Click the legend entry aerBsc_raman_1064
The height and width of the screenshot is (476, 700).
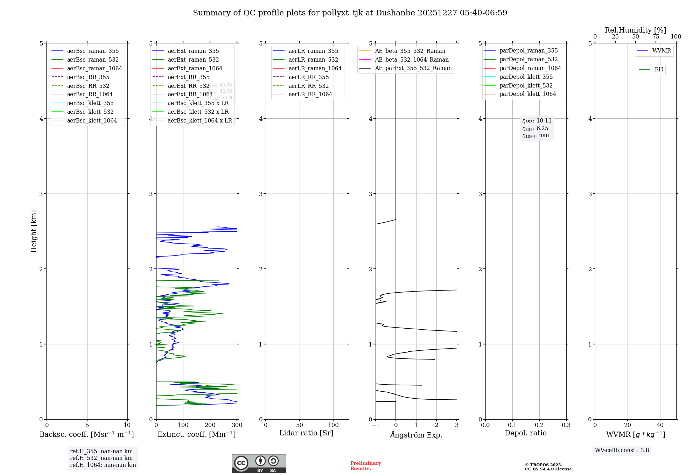point(94,68)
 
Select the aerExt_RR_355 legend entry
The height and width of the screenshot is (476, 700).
point(188,77)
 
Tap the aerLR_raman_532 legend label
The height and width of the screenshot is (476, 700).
point(313,59)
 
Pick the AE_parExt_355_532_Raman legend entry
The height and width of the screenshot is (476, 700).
point(413,68)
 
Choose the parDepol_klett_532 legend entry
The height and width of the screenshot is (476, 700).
point(526,85)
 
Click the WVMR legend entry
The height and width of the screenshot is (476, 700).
point(661,51)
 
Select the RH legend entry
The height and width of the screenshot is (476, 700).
point(659,70)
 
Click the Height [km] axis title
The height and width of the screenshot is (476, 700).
point(34,231)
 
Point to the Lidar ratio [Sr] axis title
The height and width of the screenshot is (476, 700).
point(306,433)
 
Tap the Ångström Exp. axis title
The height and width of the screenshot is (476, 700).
point(416,435)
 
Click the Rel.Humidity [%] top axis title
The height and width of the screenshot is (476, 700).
point(635,30)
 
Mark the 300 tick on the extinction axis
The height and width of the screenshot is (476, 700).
point(237,425)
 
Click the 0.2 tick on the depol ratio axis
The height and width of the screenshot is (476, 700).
point(539,425)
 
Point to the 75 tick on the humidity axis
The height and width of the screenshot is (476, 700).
point(656,37)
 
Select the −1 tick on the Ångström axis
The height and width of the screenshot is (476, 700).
point(376,425)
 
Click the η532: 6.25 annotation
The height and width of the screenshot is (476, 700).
point(535,128)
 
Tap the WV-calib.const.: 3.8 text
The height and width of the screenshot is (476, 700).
point(622,450)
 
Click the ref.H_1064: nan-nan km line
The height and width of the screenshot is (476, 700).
point(103,465)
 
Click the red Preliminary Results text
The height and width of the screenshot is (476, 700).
point(365,466)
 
